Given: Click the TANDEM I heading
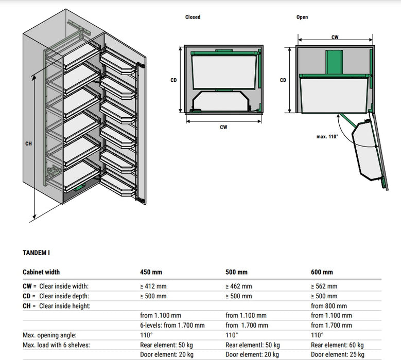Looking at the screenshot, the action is tap(37, 253).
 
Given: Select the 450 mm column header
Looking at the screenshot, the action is tap(151, 272).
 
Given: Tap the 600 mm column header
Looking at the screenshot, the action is tap(322, 272).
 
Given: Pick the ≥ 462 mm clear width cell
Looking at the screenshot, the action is tap(239, 286).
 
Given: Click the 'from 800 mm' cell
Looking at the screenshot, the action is tap(329, 306).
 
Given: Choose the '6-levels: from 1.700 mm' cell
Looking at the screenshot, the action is tap(172, 325).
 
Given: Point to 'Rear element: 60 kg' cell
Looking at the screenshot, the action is tap(337, 345).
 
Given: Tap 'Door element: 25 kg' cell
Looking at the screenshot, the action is tap(337, 355).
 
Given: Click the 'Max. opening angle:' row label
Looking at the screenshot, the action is tap(49, 335).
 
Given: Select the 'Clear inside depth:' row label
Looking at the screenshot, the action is tap(64, 296).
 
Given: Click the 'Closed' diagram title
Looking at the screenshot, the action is tap(193, 17).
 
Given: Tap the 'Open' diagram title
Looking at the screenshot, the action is tap(302, 17).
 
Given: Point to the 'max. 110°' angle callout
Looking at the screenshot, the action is tap(327, 137).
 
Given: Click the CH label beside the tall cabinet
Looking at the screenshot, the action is tap(28, 143).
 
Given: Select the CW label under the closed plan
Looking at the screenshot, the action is tap(223, 127).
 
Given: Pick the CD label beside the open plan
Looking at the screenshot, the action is tap(283, 80).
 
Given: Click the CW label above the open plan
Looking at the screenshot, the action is tap(335, 37).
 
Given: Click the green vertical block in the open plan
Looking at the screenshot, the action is tap(334, 62).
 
